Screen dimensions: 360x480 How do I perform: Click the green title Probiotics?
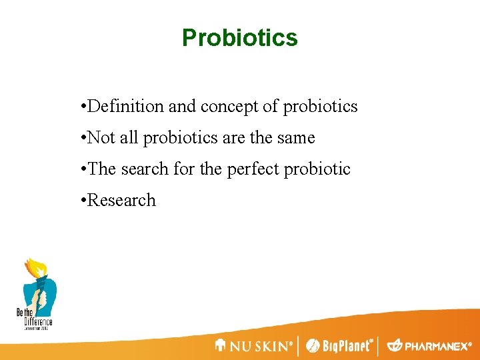pos(240,38)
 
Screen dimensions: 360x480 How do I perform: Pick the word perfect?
pos(253,169)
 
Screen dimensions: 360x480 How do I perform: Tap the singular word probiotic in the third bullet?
pos(317,169)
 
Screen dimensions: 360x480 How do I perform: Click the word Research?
pos(121,201)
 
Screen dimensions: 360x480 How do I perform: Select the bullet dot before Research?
pos(81,201)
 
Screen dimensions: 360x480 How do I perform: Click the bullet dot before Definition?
pos(81,106)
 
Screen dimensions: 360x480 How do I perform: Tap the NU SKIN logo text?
pos(261,346)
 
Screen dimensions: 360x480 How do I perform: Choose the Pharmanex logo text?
pos(437,346)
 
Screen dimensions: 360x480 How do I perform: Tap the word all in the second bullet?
pos(130,138)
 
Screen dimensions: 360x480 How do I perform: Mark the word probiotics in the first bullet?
pos(321,106)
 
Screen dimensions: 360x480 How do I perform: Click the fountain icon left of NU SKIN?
pos(221,345)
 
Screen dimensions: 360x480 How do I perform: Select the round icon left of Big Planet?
pos(312,346)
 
